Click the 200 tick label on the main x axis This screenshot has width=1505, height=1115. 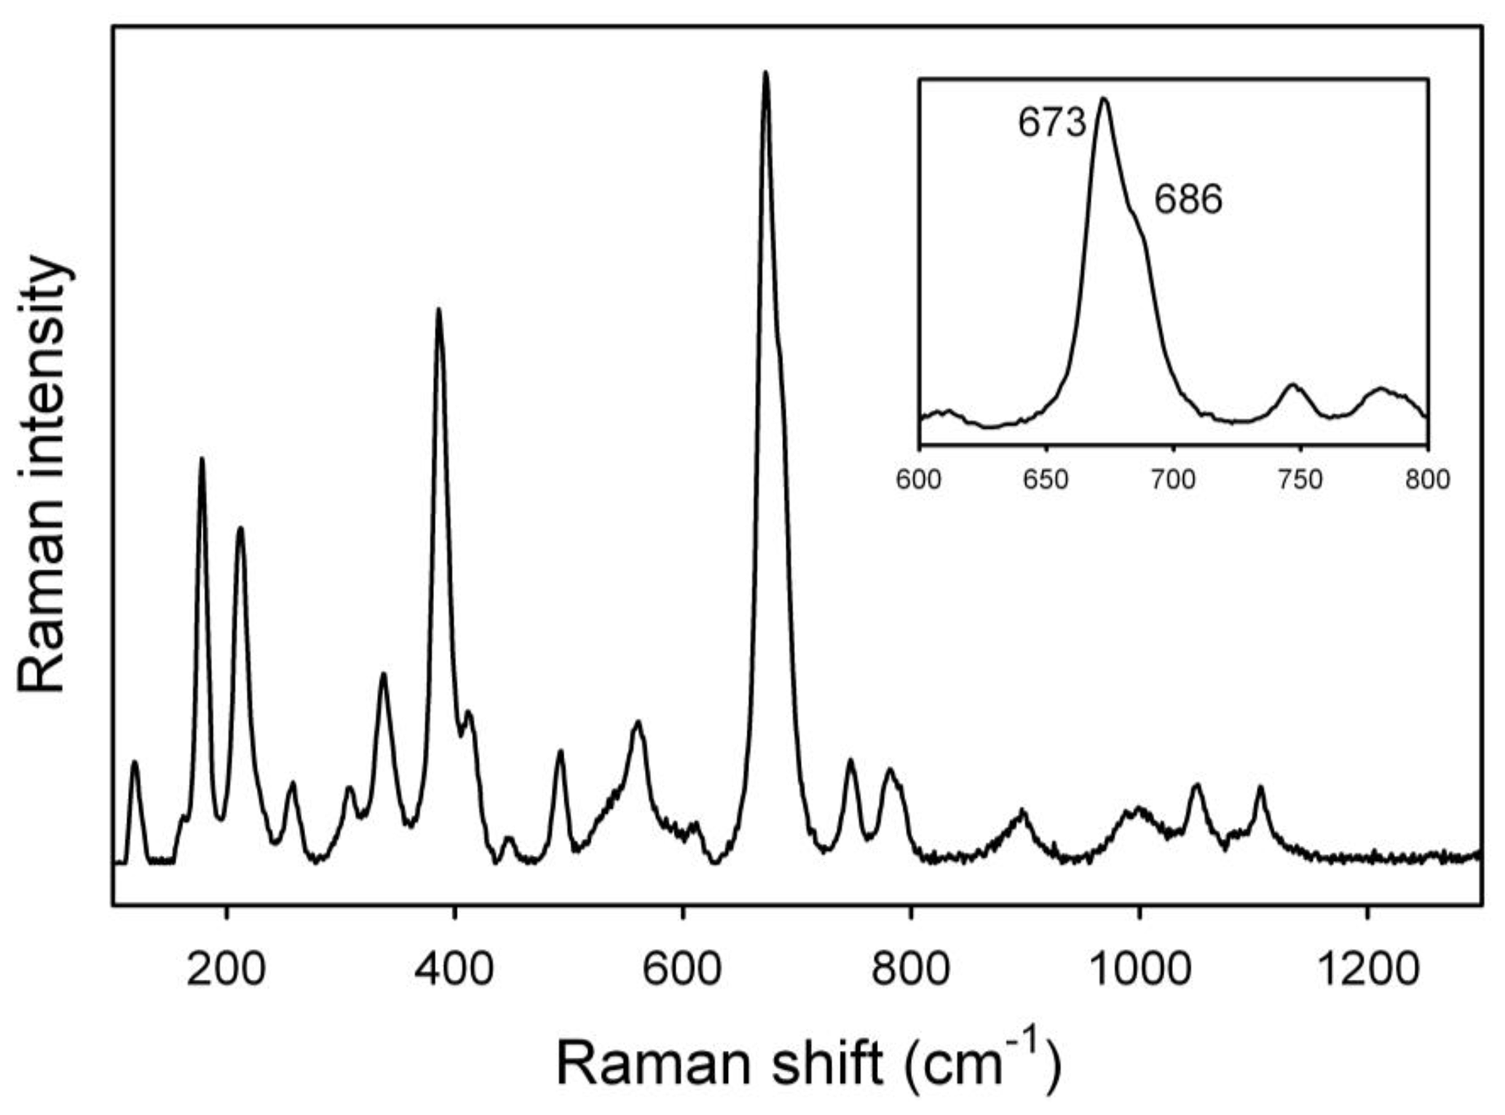[x=226, y=969]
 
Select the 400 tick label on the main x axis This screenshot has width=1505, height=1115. [x=454, y=969]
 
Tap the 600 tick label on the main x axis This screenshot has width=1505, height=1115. [x=682, y=969]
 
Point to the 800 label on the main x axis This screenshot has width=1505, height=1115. [x=910, y=969]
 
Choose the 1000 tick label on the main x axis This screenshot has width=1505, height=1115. [x=1138, y=969]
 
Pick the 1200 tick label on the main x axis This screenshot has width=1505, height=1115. [x=1367, y=969]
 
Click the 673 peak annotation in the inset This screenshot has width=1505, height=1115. [x=1051, y=123]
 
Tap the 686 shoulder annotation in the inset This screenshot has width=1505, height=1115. [x=1188, y=199]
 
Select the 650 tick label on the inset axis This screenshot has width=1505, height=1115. [x=1046, y=480]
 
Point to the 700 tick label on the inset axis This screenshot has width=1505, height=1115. [x=1173, y=480]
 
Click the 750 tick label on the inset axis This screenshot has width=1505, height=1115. [x=1300, y=480]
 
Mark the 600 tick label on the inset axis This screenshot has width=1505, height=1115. [x=919, y=480]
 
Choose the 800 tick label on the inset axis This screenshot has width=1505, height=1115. [x=1427, y=480]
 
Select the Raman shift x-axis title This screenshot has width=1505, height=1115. [x=808, y=1064]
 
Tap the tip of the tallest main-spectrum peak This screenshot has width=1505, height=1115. [x=765, y=72]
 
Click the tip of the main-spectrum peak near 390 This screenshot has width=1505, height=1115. [x=438, y=309]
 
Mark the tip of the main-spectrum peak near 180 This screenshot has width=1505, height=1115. [x=202, y=458]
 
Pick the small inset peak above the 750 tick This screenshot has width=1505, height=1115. [x=1293, y=384]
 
